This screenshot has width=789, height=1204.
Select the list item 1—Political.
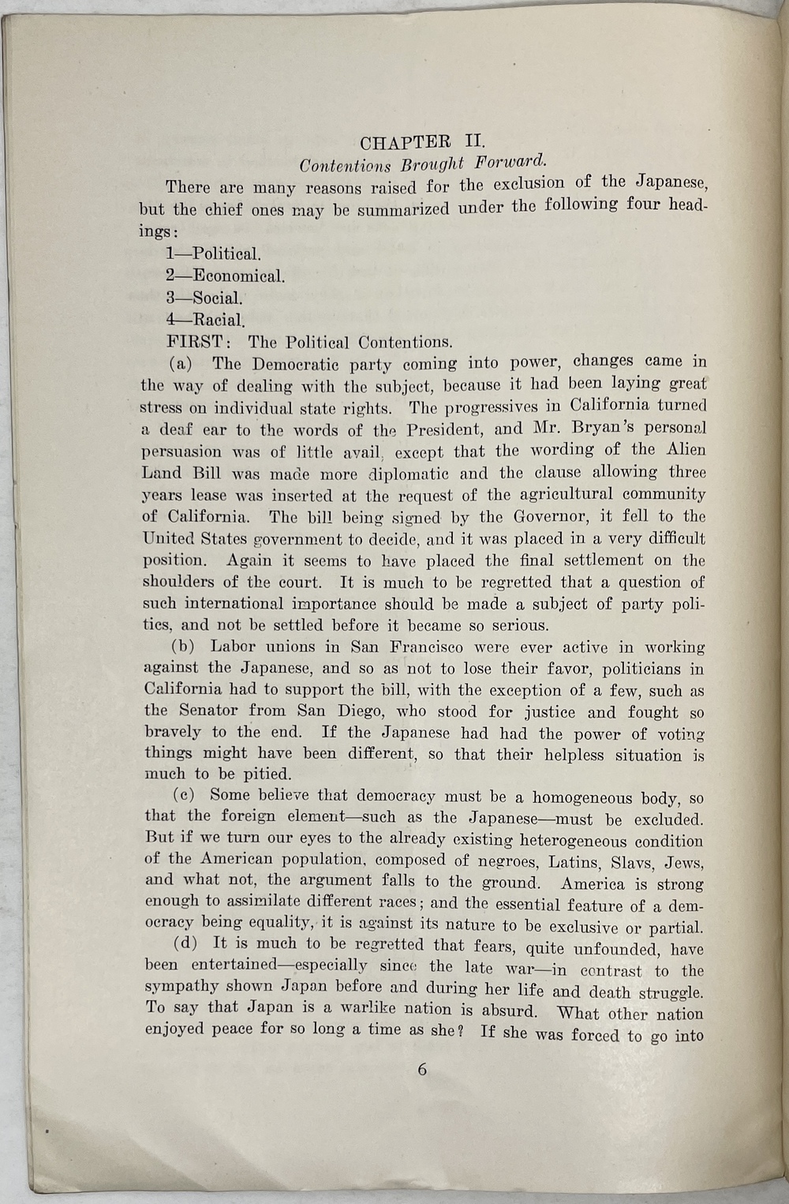[213, 254]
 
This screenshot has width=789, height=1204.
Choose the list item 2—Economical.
[225, 276]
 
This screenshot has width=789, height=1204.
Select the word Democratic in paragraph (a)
[296, 364]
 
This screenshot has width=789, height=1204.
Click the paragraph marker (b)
[183, 647]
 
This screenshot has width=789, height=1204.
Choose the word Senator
[207, 711]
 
